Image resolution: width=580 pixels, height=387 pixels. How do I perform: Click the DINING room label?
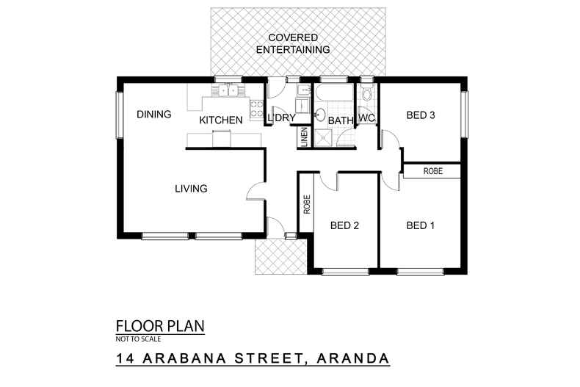click(153, 115)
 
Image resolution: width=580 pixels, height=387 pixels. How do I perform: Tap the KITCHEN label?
click(221, 120)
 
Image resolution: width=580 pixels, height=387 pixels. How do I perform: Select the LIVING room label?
click(191, 189)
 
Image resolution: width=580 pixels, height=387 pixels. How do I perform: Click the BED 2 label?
click(344, 225)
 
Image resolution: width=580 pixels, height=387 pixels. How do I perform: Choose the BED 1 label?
click(421, 225)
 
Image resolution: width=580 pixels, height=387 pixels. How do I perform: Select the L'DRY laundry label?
click(281, 118)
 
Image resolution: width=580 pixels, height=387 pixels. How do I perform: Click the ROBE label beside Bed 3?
click(432, 171)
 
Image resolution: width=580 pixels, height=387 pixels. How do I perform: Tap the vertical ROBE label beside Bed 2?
click(305, 204)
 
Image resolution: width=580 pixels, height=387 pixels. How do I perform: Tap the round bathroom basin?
click(320, 115)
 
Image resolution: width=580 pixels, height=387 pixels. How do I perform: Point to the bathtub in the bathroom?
click(334, 94)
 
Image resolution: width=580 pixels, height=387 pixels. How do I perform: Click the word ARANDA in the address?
click(352, 359)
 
